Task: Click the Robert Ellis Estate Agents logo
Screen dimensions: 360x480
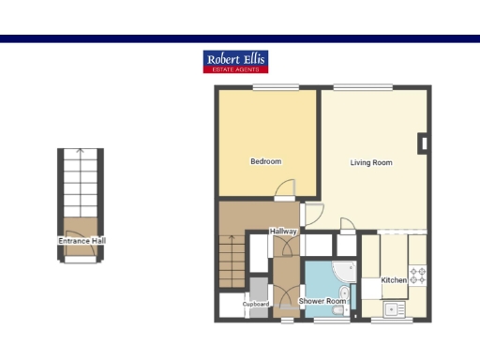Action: pyautogui.click(x=235, y=62)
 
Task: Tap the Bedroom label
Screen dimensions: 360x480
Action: pyautogui.click(x=265, y=162)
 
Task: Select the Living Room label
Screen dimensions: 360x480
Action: pyautogui.click(x=371, y=163)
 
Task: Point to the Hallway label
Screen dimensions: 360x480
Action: pyautogui.click(x=283, y=231)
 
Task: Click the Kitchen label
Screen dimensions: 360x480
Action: pyautogui.click(x=394, y=280)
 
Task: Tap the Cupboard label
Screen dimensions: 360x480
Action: pyautogui.click(x=256, y=305)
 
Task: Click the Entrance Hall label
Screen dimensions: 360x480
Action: pyautogui.click(x=82, y=241)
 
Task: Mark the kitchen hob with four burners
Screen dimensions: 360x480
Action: pyautogui.click(x=418, y=276)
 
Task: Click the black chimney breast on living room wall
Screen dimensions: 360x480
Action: pyautogui.click(x=424, y=142)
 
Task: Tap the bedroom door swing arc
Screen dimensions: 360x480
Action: pyautogui.click(x=284, y=190)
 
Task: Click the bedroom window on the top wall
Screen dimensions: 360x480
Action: pyautogui.click(x=269, y=87)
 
